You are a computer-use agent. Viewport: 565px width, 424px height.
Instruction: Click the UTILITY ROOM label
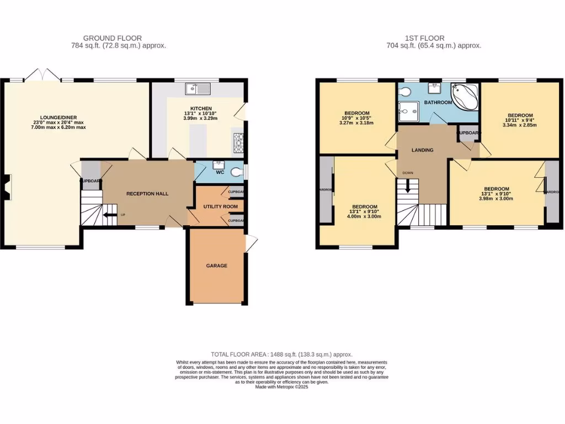(x=212, y=206)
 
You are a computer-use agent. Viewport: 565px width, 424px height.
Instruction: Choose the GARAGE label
(x=217, y=266)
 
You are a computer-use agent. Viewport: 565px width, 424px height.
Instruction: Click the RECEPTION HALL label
(x=147, y=194)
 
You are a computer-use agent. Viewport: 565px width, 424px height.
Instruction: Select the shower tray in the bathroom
(x=408, y=112)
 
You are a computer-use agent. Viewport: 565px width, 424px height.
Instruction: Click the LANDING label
(x=422, y=150)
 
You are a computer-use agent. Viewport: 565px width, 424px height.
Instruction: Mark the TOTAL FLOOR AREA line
(x=281, y=354)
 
